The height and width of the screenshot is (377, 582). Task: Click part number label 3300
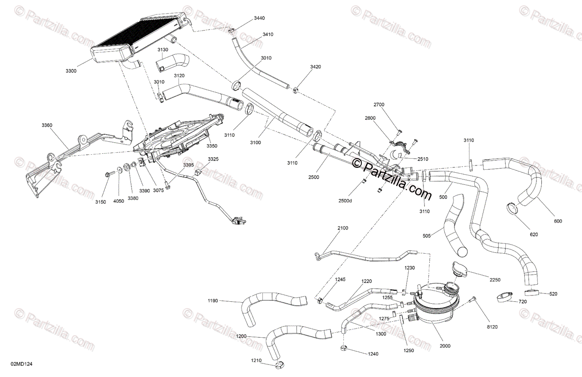71,71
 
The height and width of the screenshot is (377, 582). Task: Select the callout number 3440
259,18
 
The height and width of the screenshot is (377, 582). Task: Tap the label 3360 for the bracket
47,125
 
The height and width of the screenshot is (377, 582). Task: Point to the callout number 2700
379,105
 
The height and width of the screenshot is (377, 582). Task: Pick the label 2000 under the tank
445,346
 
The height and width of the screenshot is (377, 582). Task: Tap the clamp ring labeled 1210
281,364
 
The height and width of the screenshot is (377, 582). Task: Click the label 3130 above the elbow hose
163,50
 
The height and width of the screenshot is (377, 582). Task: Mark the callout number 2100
343,228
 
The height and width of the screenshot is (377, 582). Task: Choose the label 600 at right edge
558,222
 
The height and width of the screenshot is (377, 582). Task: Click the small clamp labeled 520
531,293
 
